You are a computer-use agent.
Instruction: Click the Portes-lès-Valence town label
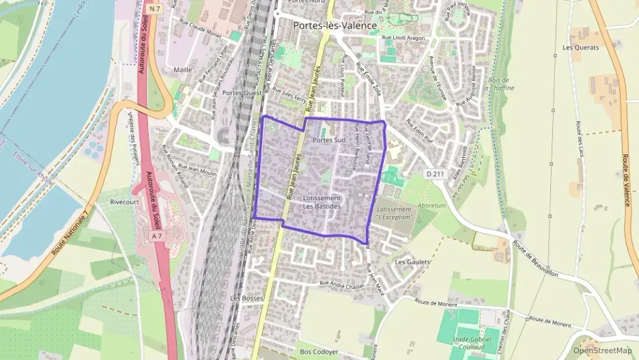pyautogui.click(x=335, y=25)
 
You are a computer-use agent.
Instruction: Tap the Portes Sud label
pyautogui.click(x=330, y=140)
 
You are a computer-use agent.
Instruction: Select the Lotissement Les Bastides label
pyautogui.click(x=322, y=202)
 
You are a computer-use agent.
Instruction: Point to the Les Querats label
pyautogui.click(x=580, y=48)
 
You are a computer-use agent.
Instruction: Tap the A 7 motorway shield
pyautogui.click(x=157, y=236)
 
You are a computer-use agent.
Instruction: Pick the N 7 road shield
pyautogui.click(x=156, y=9)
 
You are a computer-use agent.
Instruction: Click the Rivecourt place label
pyautogui.click(x=124, y=202)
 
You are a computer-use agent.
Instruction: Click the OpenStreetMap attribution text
pyautogui.click(x=603, y=350)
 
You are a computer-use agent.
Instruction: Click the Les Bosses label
pyautogui.click(x=246, y=299)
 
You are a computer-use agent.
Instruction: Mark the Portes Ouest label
pyautogui.click(x=242, y=92)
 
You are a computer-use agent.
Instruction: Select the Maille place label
pyautogui.click(x=183, y=70)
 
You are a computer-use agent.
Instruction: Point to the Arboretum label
pyautogui.click(x=432, y=205)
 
